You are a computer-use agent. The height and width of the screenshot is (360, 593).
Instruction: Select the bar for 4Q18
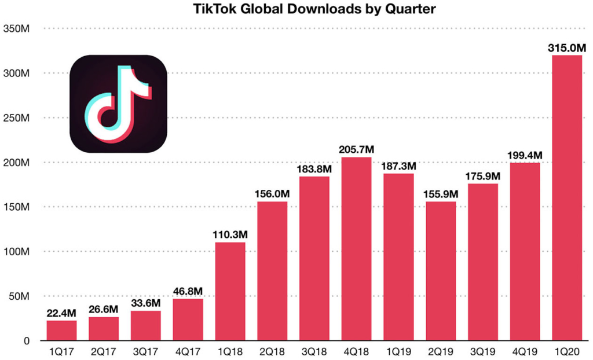pos(356,249)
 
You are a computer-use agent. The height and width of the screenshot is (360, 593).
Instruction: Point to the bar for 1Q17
pos(61,330)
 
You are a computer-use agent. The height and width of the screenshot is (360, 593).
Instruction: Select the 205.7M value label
pos(356,150)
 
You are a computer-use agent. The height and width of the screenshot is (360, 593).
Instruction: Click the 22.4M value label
pos(61,313)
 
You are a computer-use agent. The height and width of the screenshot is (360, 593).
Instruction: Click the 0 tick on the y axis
pos(26,340)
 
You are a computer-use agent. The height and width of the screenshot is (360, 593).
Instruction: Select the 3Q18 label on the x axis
pos(314,352)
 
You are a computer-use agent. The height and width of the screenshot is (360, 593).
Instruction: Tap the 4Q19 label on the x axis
pos(525,352)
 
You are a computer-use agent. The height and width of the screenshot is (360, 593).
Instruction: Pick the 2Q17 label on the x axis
pos(104,352)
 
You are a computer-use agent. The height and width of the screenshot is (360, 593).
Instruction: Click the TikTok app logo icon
pos(118,104)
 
